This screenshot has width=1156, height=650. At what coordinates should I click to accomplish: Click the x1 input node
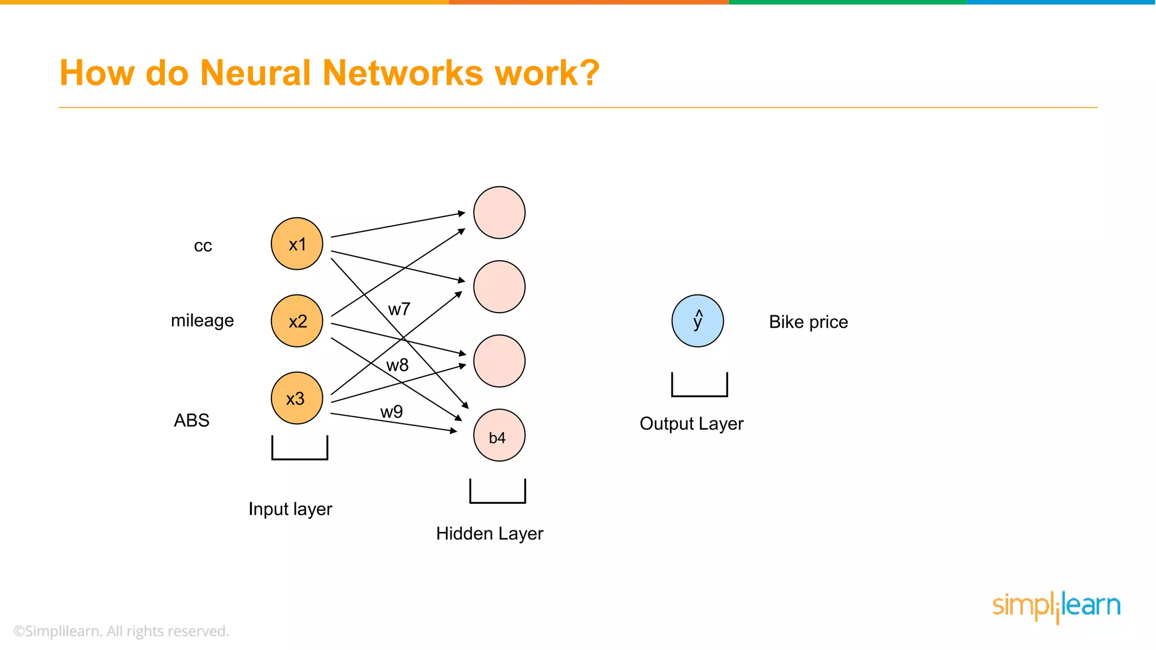(297, 244)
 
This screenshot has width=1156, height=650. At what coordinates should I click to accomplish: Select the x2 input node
(297, 320)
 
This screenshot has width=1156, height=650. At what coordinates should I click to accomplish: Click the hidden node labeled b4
(499, 435)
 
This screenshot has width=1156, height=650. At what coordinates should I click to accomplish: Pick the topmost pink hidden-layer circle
(499, 213)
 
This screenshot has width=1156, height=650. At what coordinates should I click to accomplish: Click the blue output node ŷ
(698, 320)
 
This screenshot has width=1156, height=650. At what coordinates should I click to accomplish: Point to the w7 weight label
(399, 309)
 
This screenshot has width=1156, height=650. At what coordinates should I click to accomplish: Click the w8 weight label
(397, 365)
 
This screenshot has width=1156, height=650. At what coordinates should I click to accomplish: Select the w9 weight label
(391, 411)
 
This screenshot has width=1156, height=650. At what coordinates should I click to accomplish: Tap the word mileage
(202, 320)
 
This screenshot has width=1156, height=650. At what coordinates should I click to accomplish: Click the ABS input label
(191, 420)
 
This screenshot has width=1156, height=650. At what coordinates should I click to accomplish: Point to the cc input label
(203, 246)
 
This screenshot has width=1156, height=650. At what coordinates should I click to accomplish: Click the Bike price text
(808, 322)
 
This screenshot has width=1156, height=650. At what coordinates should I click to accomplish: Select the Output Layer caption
(691, 424)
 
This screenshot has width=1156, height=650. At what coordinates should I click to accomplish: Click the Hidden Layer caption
(489, 534)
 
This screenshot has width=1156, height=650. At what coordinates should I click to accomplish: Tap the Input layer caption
(290, 509)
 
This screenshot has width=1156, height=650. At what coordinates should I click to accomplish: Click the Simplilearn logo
(1056, 607)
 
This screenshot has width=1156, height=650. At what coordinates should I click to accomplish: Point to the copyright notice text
(121, 631)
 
